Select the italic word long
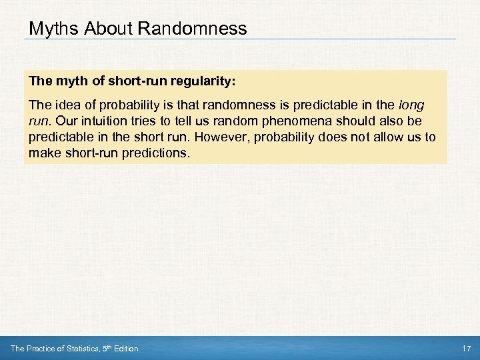coord(411,106)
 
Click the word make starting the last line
coord(42,153)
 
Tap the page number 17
coord(466,349)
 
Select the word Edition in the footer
coord(125,349)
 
